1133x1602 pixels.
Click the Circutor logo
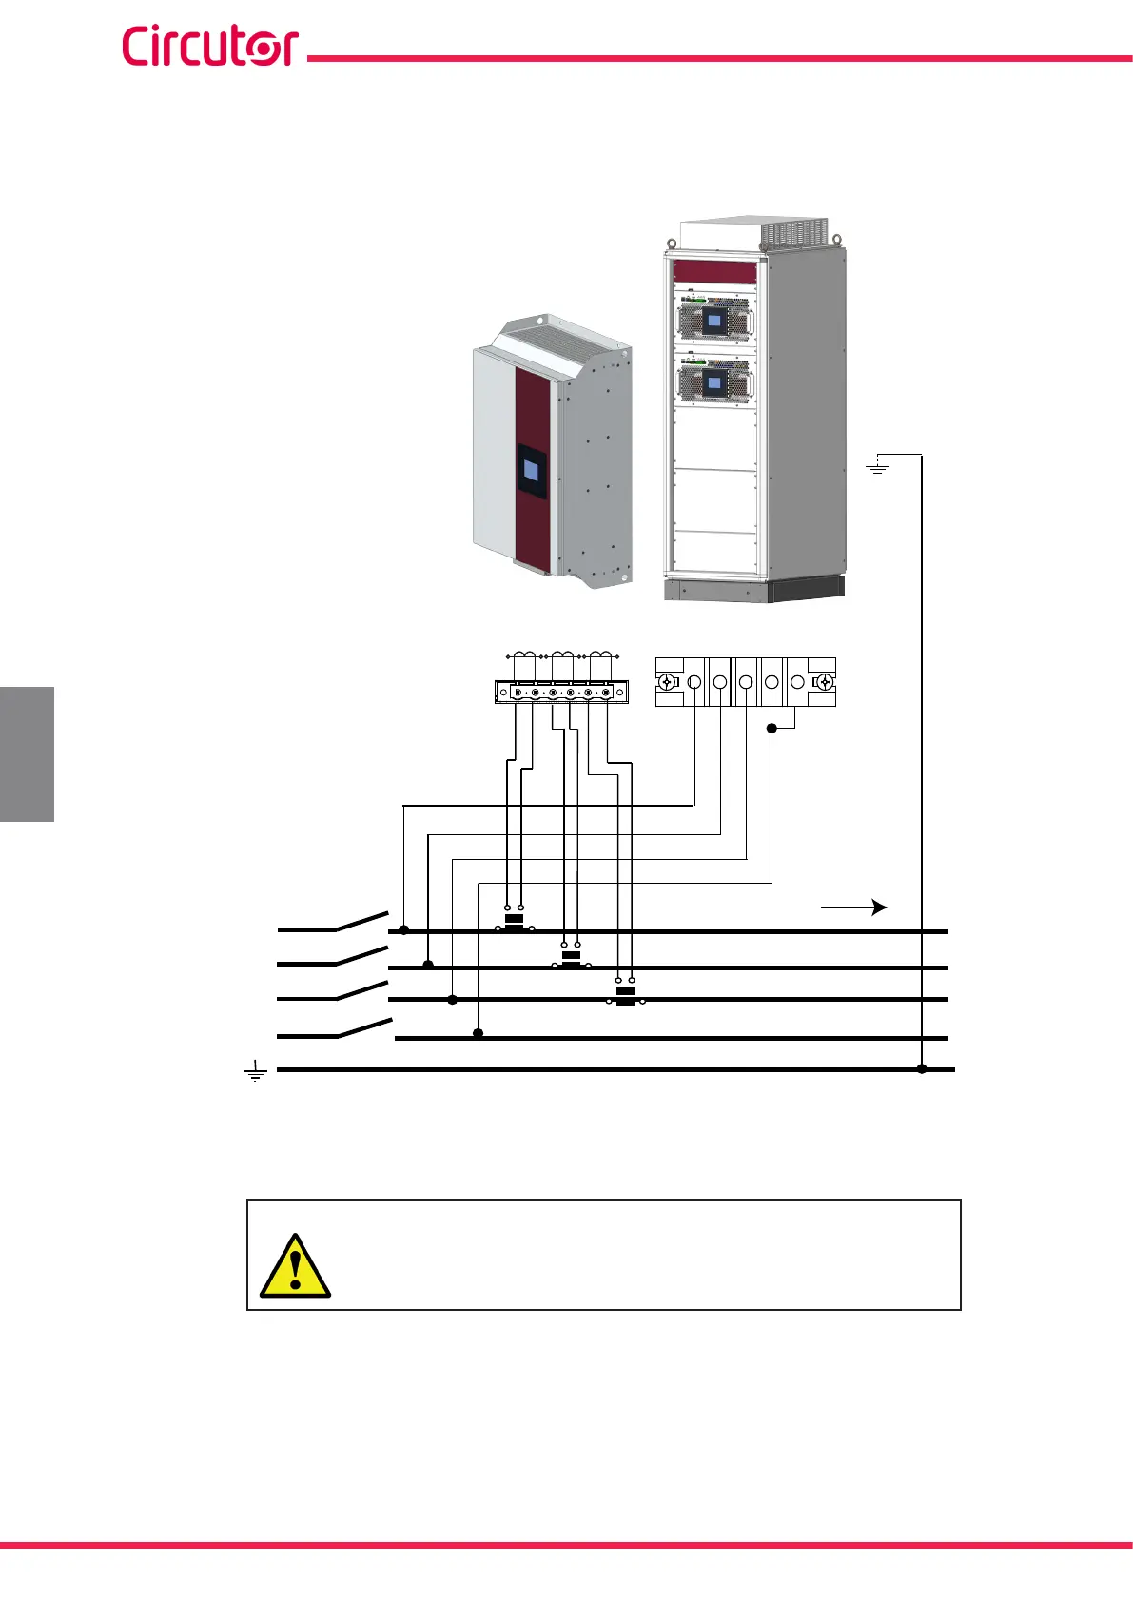(209, 47)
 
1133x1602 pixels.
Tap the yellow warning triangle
(295, 1268)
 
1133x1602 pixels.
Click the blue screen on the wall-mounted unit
(532, 469)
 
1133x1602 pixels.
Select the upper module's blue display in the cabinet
(713, 322)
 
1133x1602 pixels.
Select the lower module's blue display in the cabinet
(713, 383)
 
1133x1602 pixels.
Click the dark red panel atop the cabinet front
(714, 271)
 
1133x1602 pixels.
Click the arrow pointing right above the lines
(853, 908)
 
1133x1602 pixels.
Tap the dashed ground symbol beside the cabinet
(877, 466)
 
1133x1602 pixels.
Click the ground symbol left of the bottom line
(255, 1071)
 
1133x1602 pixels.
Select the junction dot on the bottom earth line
(922, 1069)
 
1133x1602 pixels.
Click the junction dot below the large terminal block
(772, 728)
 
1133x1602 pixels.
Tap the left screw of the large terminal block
(667, 682)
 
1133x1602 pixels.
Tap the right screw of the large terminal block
(825, 682)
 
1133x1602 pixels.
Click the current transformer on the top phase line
(514, 923)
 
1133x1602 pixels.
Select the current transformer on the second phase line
(571, 959)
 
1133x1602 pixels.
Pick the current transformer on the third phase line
(625, 995)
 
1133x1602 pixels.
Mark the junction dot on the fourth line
(479, 1033)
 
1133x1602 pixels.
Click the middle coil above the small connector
(562, 654)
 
